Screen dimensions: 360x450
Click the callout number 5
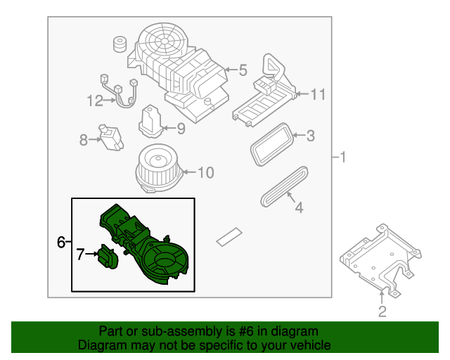pyautogui.click(x=243, y=70)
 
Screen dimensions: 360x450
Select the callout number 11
pyautogui.click(x=318, y=94)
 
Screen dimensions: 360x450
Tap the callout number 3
pyautogui.click(x=310, y=136)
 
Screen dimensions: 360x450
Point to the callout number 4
pyautogui.click(x=298, y=207)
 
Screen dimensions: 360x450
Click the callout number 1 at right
pyautogui.click(x=342, y=157)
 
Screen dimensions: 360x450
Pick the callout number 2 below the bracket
pyautogui.click(x=382, y=311)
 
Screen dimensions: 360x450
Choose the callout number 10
pyautogui.click(x=205, y=172)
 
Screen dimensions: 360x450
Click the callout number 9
pyautogui.click(x=180, y=129)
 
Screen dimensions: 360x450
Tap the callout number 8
pyautogui.click(x=84, y=140)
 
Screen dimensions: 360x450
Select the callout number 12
pyautogui.click(x=95, y=101)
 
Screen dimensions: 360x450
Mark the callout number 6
pyautogui.click(x=61, y=242)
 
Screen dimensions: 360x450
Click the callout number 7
pyautogui.click(x=81, y=254)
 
